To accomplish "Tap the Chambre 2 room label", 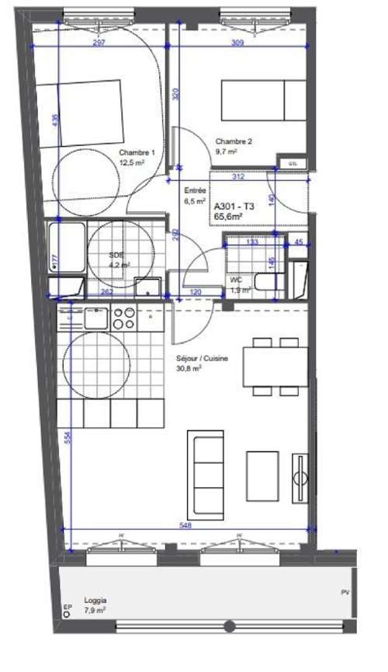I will click(234, 142).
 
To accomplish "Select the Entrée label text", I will click(194, 190).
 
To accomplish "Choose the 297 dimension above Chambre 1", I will click(99, 44).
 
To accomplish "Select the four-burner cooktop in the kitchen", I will click(124, 318).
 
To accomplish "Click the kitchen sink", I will click(95, 318).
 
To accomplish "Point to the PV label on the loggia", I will click(345, 594).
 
